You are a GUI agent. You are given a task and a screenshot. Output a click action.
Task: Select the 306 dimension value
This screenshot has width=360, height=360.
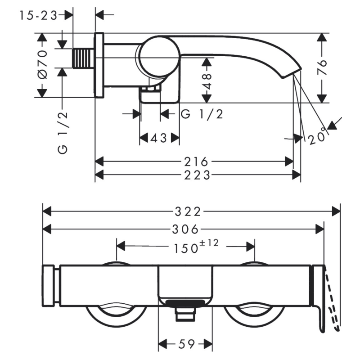(185, 229)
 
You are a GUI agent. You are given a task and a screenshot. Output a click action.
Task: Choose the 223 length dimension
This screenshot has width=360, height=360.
(197, 175)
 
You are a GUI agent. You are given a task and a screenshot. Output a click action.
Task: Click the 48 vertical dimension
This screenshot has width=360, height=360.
(207, 81)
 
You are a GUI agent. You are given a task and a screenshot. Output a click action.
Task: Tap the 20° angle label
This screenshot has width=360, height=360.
(318, 135)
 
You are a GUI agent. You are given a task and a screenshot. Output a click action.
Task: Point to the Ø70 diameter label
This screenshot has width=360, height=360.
(42, 65)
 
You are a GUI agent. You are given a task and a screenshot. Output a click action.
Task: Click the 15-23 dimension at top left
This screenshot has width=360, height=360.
(38, 15)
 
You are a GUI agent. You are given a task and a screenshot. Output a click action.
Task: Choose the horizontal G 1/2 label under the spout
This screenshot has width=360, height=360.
(202, 114)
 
